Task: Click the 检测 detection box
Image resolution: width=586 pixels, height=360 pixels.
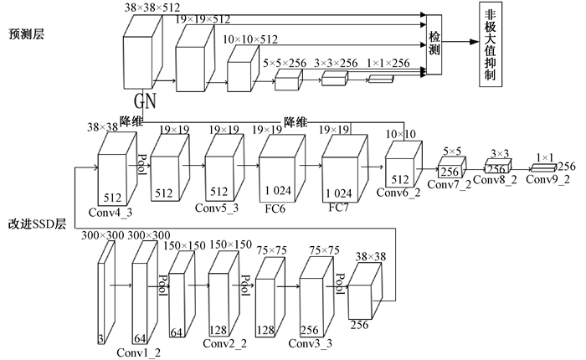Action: click(434, 44)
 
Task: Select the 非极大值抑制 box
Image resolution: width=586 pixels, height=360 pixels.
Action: click(491, 44)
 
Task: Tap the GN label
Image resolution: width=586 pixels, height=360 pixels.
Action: click(145, 100)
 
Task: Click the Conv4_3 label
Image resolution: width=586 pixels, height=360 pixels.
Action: click(111, 213)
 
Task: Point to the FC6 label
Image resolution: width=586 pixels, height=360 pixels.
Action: click(275, 208)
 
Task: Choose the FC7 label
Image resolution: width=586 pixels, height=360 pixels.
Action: click(338, 207)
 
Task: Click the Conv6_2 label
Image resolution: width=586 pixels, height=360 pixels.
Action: click(398, 193)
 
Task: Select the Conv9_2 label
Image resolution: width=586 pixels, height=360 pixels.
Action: click(547, 179)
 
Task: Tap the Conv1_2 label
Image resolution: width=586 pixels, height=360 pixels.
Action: click(139, 352)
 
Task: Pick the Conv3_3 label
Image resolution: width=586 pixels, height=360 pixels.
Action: click(311, 343)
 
